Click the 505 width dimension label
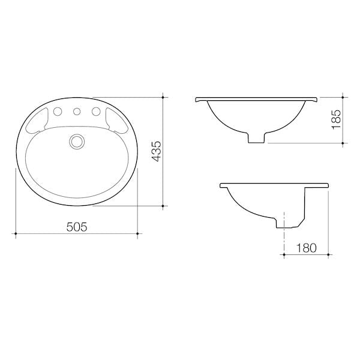[x=77, y=227]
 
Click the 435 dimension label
[x=157, y=151]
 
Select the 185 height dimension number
[x=337, y=119]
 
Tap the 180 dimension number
[x=306, y=248]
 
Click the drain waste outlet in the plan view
[x=77, y=142]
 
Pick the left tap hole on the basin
[x=58, y=112]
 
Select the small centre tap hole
[x=77, y=112]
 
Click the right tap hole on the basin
[x=96, y=112]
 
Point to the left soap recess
[x=37, y=121]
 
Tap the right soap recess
[x=117, y=121]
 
